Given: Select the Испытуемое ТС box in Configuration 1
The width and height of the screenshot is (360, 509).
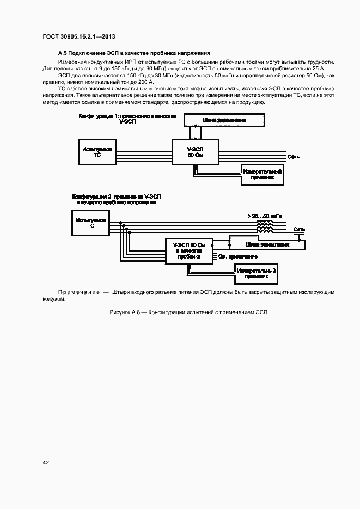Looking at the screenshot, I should click(97, 151).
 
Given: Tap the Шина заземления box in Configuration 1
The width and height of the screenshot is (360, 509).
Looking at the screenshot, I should click(224, 120).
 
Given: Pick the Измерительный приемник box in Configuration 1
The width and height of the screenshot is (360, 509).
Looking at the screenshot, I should click(263, 174).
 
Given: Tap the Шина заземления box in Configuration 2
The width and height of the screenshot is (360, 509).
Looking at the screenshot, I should click(267, 244).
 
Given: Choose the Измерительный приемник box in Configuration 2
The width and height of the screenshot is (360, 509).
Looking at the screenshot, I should click(256, 273).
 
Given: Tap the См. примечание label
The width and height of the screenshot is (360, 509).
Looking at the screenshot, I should click(237, 256).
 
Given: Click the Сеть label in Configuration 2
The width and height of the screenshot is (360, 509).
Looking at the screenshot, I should click(299, 230).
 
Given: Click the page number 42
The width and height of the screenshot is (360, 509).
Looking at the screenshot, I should click(46, 462).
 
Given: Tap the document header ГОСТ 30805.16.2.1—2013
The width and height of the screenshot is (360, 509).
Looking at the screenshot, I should click(79, 36).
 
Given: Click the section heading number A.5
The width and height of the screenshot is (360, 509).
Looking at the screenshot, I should click(63, 53).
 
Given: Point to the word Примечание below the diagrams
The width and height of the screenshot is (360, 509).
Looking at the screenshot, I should click(79, 292).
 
